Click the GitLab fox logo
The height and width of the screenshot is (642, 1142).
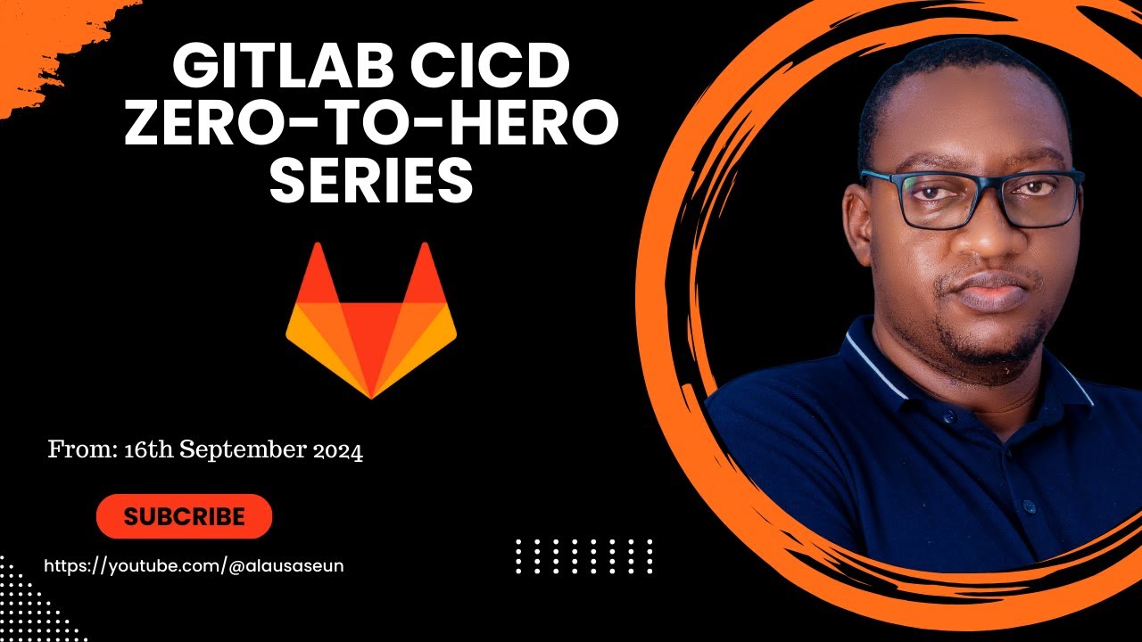tap(371, 321)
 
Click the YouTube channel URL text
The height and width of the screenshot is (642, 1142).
tap(194, 565)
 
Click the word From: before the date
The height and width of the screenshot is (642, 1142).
tap(81, 451)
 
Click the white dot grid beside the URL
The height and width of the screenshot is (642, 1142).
tap(584, 556)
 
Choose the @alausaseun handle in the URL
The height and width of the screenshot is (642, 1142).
tap(286, 565)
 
